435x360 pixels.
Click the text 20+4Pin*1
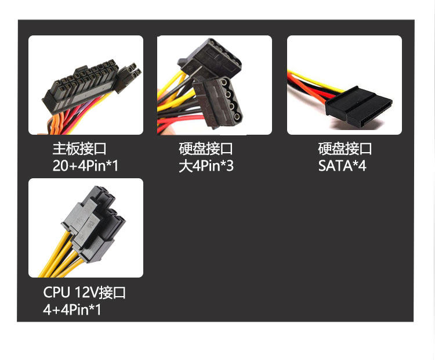coord(85,166)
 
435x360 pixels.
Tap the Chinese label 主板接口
coord(79,149)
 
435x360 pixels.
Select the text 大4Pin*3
coord(206,166)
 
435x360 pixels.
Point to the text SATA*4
coord(342,166)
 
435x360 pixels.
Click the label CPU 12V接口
coord(84,293)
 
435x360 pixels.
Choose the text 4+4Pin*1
coord(72,309)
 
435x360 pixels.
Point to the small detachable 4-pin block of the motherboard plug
coord(130,75)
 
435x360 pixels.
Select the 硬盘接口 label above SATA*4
coord(345,149)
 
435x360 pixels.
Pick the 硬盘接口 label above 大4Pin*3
coord(206,149)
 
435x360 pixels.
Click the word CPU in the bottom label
coord(55,293)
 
